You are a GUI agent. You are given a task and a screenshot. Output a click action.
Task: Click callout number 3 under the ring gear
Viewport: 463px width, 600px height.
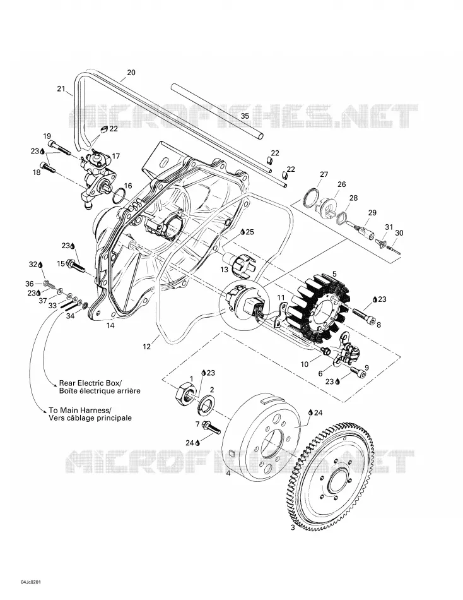(x=293, y=528)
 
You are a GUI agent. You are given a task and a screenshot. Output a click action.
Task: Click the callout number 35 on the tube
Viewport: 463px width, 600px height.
(x=245, y=116)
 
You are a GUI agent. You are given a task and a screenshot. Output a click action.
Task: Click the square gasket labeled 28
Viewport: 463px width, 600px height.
(x=341, y=219)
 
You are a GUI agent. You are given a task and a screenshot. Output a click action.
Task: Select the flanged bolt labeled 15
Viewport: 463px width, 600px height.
(x=77, y=265)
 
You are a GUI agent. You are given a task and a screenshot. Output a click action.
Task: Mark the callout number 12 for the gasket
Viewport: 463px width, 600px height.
(x=147, y=347)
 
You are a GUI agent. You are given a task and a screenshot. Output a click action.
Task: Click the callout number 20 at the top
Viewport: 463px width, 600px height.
(x=131, y=73)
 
